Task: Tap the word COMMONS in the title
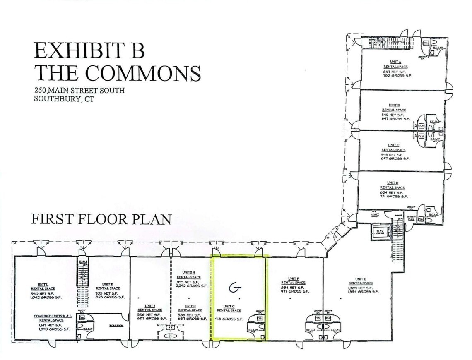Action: click(143, 73)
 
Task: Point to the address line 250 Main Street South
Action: click(80, 90)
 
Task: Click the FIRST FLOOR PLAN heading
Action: click(102, 219)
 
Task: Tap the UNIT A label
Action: click(394, 62)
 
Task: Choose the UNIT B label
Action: click(394, 105)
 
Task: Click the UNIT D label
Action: click(393, 182)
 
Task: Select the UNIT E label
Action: click(360, 279)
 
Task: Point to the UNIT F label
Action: click(292, 278)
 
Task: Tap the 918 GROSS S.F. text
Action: click(229, 319)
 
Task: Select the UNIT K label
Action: click(108, 284)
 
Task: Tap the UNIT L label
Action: click(43, 284)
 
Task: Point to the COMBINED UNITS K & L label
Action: click(51, 316)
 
